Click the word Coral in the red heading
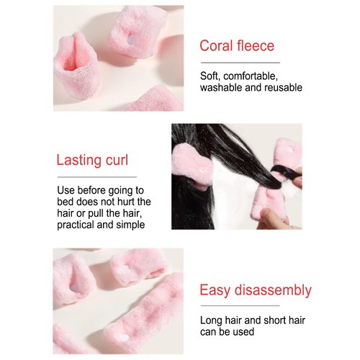(219, 46)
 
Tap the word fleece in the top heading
(257, 46)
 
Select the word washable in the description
(224, 88)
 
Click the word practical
(78, 224)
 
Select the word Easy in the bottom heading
(215, 291)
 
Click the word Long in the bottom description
(212, 321)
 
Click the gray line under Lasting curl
(96, 176)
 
